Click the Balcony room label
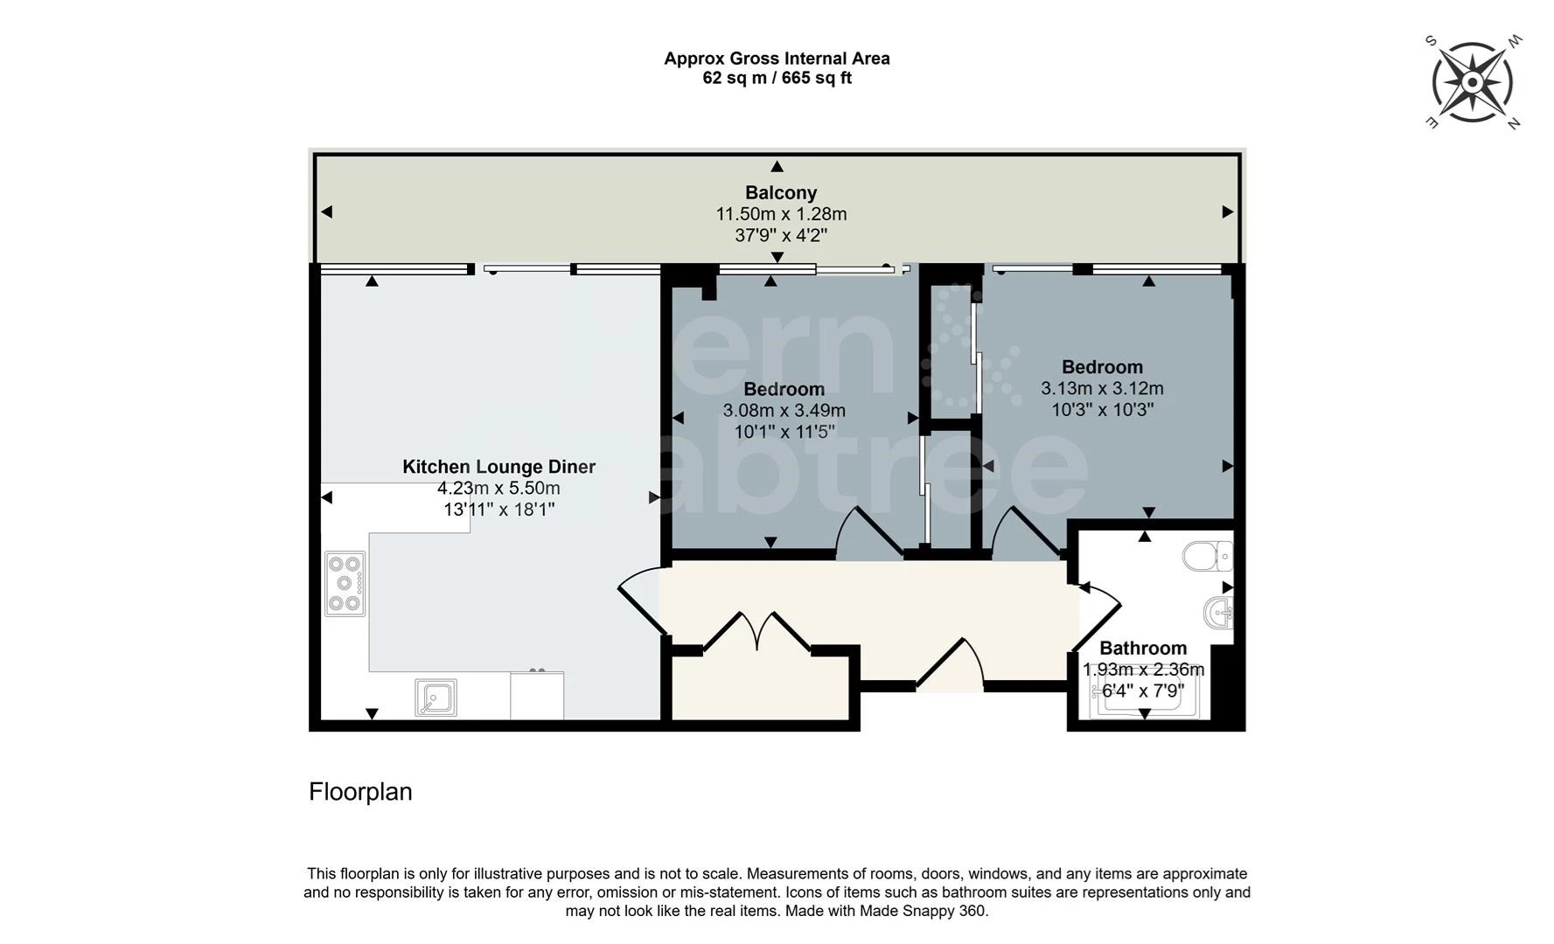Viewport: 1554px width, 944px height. [780, 192]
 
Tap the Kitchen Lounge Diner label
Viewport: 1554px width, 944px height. [498, 467]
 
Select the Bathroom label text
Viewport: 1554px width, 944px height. [1142, 648]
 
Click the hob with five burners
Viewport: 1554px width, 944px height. [345, 583]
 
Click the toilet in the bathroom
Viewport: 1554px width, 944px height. [1208, 556]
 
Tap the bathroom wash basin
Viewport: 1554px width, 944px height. [1217, 612]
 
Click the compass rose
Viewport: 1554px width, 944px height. [1473, 83]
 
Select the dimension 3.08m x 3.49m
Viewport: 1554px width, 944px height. [784, 410]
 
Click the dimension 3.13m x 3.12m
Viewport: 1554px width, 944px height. [1102, 388]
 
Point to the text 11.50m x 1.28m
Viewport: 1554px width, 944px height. [781, 214]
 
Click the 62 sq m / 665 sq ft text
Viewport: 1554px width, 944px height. [777, 78]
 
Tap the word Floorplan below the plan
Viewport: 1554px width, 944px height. [360, 792]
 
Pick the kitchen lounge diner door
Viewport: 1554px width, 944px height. [641, 603]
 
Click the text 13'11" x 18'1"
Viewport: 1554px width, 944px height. [498, 509]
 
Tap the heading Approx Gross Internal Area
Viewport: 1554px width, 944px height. [777, 59]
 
